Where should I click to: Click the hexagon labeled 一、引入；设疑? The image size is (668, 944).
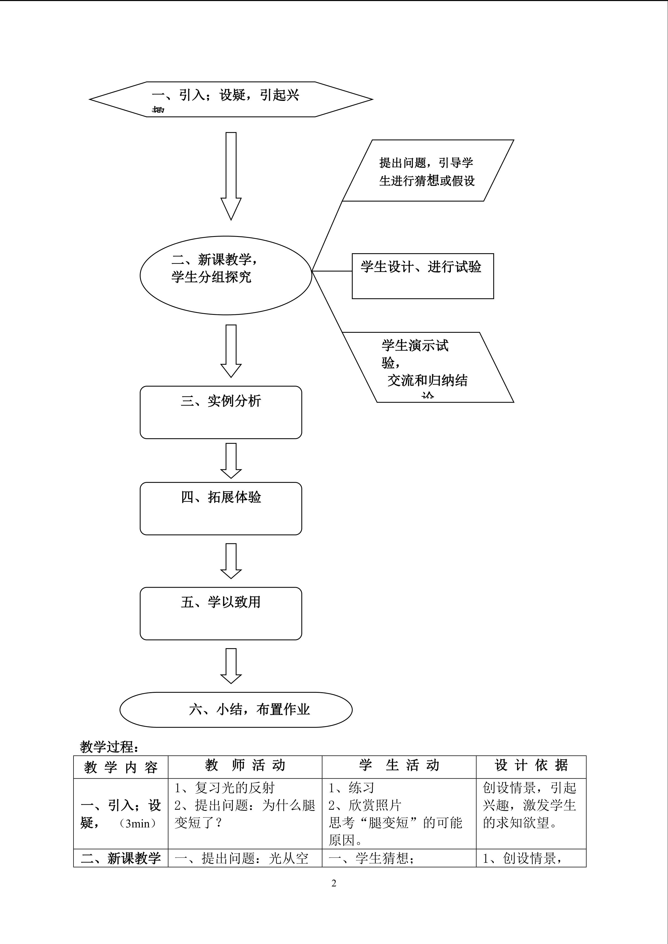(x=231, y=99)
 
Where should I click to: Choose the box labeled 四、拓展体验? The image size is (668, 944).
(x=221, y=508)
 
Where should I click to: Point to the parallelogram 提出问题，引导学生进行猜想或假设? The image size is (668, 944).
(x=428, y=171)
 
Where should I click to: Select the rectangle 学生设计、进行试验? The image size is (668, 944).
(x=423, y=276)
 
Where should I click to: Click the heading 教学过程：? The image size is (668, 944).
(x=109, y=746)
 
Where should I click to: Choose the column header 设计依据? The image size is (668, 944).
(x=531, y=766)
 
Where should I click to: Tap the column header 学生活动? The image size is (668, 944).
(x=399, y=766)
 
